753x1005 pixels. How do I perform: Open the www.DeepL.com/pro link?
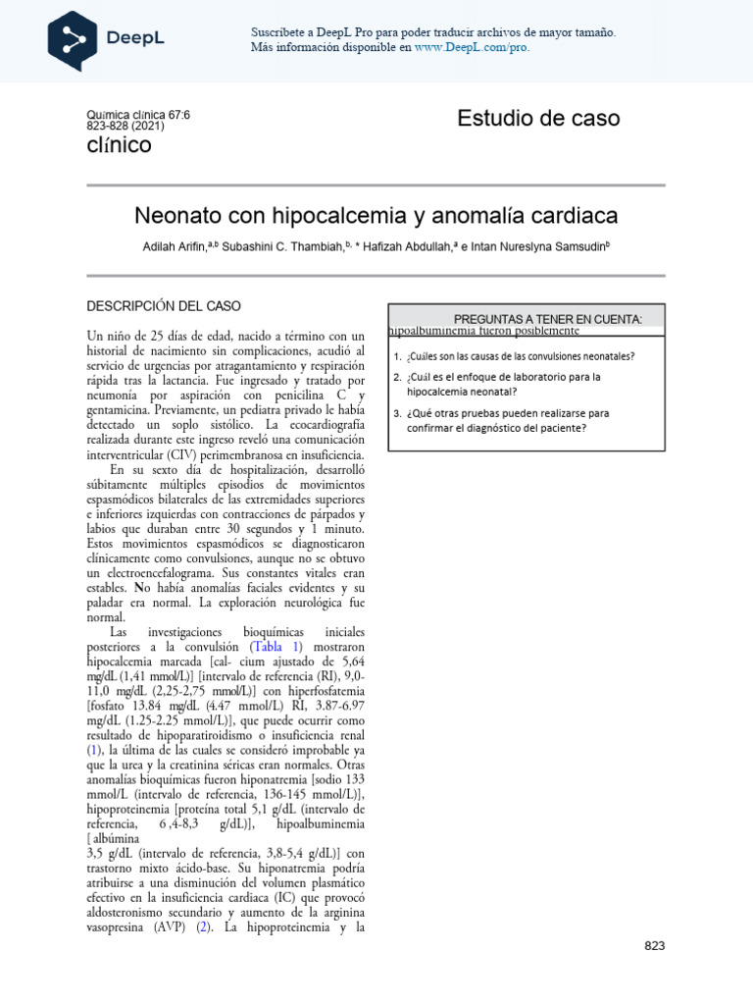[x=472, y=47]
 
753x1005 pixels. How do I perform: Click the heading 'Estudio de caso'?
[x=538, y=119]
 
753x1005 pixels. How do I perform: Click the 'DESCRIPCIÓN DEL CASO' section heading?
[x=164, y=306]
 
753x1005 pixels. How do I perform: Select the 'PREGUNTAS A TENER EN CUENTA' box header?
[x=547, y=319]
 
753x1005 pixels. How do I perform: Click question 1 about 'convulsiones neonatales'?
[x=521, y=356]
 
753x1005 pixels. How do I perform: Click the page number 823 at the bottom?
[x=655, y=946]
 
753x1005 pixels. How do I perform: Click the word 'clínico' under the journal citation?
[x=120, y=145]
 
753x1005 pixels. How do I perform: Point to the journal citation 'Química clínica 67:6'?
[x=138, y=115]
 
